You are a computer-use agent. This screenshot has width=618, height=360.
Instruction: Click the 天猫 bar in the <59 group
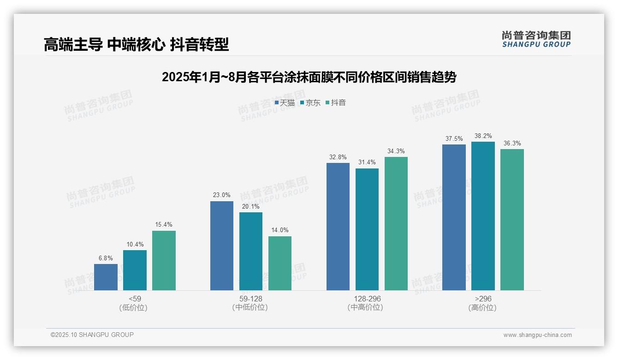(x=106, y=277)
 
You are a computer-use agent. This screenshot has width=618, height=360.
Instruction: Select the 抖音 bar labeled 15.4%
(x=164, y=260)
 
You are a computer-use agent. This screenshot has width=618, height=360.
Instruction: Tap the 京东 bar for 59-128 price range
(x=251, y=251)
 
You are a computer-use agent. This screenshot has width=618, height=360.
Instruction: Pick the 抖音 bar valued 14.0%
(x=280, y=263)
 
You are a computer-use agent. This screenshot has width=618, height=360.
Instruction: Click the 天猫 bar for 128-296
(x=338, y=226)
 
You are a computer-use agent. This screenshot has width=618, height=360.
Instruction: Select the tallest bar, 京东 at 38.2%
(x=483, y=216)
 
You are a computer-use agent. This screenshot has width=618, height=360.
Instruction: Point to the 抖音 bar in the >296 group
(x=512, y=219)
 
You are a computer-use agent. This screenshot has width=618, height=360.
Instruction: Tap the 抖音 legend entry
(x=336, y=103)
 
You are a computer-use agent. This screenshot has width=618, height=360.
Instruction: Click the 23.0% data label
(x=221, y=195)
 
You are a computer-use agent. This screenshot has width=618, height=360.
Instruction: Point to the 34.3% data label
(x=396, y=151)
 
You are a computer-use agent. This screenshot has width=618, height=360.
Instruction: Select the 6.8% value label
(x=106, y=258)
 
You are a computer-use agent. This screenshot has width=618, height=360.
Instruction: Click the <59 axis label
(x=135, y=299)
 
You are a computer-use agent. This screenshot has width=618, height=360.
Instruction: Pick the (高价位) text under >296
(x=482, y=307)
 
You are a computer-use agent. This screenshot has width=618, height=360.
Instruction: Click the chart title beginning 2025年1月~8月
(x=309, y=77)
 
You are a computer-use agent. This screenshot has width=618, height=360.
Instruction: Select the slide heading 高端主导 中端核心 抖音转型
(x=136, y=45)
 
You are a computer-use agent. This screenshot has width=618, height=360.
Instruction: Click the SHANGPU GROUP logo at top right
(x=536, y=39)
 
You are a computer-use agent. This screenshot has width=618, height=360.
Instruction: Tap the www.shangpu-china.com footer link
(x=537, y=335)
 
